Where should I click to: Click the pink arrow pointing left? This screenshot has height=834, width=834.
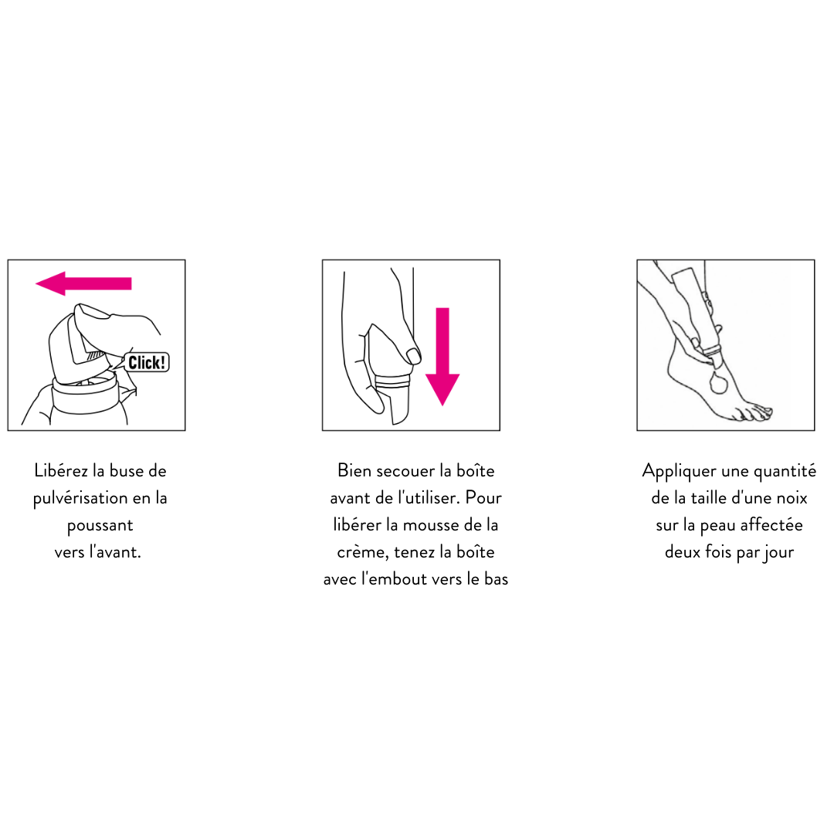[83, 283]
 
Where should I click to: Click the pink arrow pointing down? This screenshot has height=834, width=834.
[442, 356]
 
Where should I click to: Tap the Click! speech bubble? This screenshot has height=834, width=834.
[146, 362]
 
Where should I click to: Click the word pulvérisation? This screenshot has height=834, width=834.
[80, 499]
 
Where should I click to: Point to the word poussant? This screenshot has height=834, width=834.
[100, 526]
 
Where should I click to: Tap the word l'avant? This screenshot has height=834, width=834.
[115, 552]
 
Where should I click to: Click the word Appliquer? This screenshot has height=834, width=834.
[680, 472]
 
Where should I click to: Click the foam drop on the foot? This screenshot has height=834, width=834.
[718, 383]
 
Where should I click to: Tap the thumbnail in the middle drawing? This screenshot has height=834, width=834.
[412, 355]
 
